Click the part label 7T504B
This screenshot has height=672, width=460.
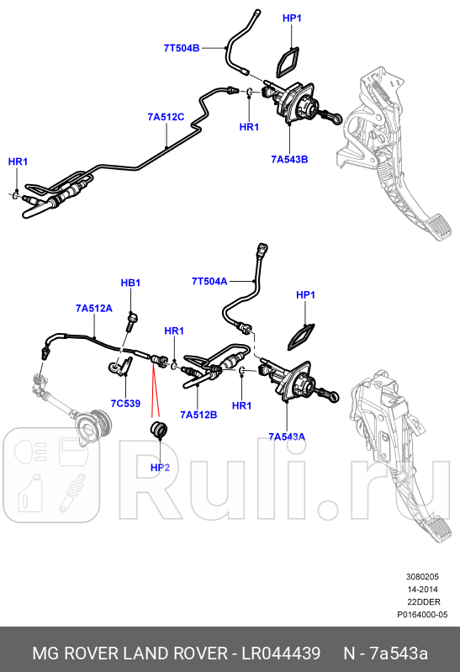(181, 48)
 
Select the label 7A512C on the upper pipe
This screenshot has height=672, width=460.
(166, 117)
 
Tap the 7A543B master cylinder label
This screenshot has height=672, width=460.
(289, 158)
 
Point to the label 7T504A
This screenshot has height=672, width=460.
(209, 281)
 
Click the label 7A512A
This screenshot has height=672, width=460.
(93, 309)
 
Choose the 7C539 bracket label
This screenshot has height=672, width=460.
(125, 403)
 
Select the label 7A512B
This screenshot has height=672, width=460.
(198, 415)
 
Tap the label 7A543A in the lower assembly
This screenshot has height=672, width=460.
(287, 437)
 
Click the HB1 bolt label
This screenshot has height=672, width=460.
(130, 283)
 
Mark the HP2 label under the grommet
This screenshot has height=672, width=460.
(160, 467)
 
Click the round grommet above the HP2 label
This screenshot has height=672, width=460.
(158, 432)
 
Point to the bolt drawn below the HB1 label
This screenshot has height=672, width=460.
(132, 320)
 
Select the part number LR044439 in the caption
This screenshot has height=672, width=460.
(279, 653)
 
